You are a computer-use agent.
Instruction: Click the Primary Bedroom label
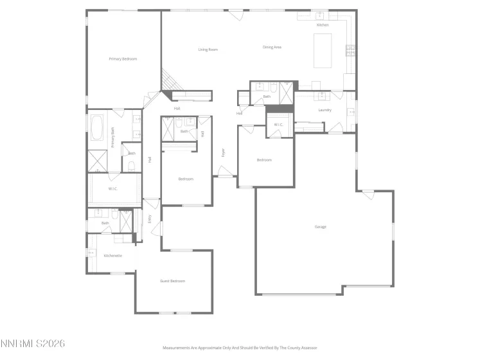pyautogui.click(x=123, y=59)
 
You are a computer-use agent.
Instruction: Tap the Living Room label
pyautogui.click(x=208, y=50)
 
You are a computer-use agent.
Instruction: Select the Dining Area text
pyautogui.click(x=272, y=47)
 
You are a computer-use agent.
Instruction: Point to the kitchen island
pyautogui.click(x=323, y=51)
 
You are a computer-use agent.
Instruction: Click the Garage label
pyautogui.click(x=320, y=227)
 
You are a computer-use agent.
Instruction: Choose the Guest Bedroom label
pyautogui.click(x=172, y=281)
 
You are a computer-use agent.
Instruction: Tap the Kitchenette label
pyautogui.click(x=112, y=256)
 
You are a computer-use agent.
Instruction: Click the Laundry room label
pyautogui.click(x=324, y=110)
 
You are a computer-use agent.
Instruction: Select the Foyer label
pyautogui.click(x=224, y=153)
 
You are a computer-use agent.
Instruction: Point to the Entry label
pyautogui.click(x=150, y=219)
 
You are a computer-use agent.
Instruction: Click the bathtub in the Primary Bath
pyautogui.click(x=97, y=128)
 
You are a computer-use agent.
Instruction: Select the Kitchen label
pyautogui.click(x=322, y=25)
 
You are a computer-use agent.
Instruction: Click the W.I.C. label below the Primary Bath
pyautogui.click(x=112, y=188)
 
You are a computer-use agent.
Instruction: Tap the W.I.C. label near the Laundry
pyautogui.click(x=278, y=125)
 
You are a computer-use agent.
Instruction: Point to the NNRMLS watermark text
pyautogui.click(x=33, y=345)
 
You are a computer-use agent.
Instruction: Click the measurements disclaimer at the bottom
pyautogui.click(x=240, y=347)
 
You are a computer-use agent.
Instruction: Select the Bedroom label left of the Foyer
pyautogui.click(x=185, y=179)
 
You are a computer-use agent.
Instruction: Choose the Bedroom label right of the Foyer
pyautogui.click(x=264, y=160)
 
